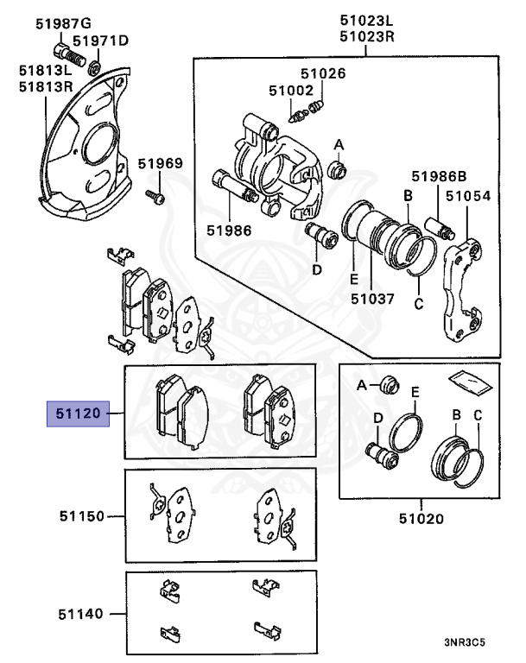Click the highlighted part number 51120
click(x=78, y=417)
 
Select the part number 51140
click(x=80, y=615)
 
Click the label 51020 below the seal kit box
click(x=421, y=519)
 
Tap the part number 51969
click(x=160, y=163)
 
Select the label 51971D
click(x=100, y=41)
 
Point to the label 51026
click(x=323, y=73)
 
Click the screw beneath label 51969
click(x=155, y=197)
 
